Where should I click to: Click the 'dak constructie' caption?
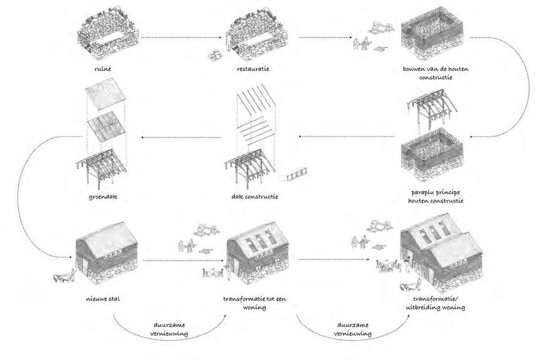(254, 197)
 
